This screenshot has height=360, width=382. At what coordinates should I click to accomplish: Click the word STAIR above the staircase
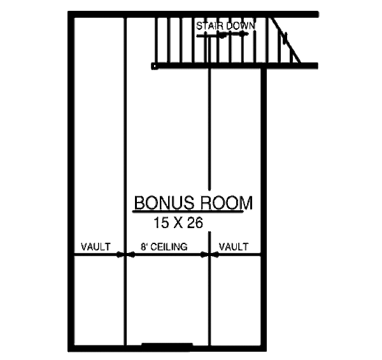pos(208,26)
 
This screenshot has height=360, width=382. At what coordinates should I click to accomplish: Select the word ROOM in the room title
pos(227,203)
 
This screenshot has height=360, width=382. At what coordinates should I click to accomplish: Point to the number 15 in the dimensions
pos(161,223)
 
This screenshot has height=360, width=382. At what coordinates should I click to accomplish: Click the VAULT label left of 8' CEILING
pos(96,247)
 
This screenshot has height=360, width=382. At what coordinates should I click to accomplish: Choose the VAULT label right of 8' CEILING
pos(234,247)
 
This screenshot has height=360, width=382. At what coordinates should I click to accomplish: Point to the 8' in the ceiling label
pos(144,247)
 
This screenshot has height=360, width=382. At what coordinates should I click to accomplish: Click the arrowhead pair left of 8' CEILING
pos(124,255)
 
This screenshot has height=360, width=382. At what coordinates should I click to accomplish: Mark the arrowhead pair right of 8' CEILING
pos(210,255)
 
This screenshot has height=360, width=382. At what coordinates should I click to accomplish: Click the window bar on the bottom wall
pos(166,346)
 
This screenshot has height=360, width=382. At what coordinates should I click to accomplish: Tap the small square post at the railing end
pos(154,65)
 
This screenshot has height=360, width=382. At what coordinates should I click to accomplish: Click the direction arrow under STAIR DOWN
pos(222,36)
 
